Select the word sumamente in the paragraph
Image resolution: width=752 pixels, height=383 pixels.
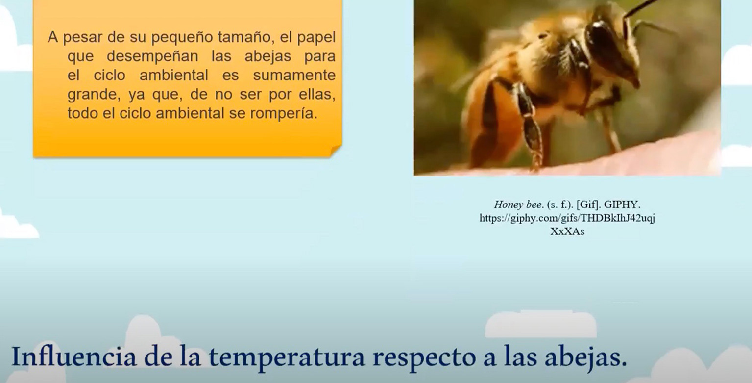point(294,75)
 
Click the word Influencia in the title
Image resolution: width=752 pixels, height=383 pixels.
point(74,357)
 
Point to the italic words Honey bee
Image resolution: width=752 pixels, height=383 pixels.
point(518,204)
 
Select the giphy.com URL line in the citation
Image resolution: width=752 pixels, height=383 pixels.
point(567,218)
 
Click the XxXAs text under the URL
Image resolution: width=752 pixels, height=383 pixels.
point(567,231)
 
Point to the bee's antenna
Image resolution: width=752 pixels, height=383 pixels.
point(641,7)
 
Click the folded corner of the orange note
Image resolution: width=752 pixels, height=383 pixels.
point(336,151)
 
